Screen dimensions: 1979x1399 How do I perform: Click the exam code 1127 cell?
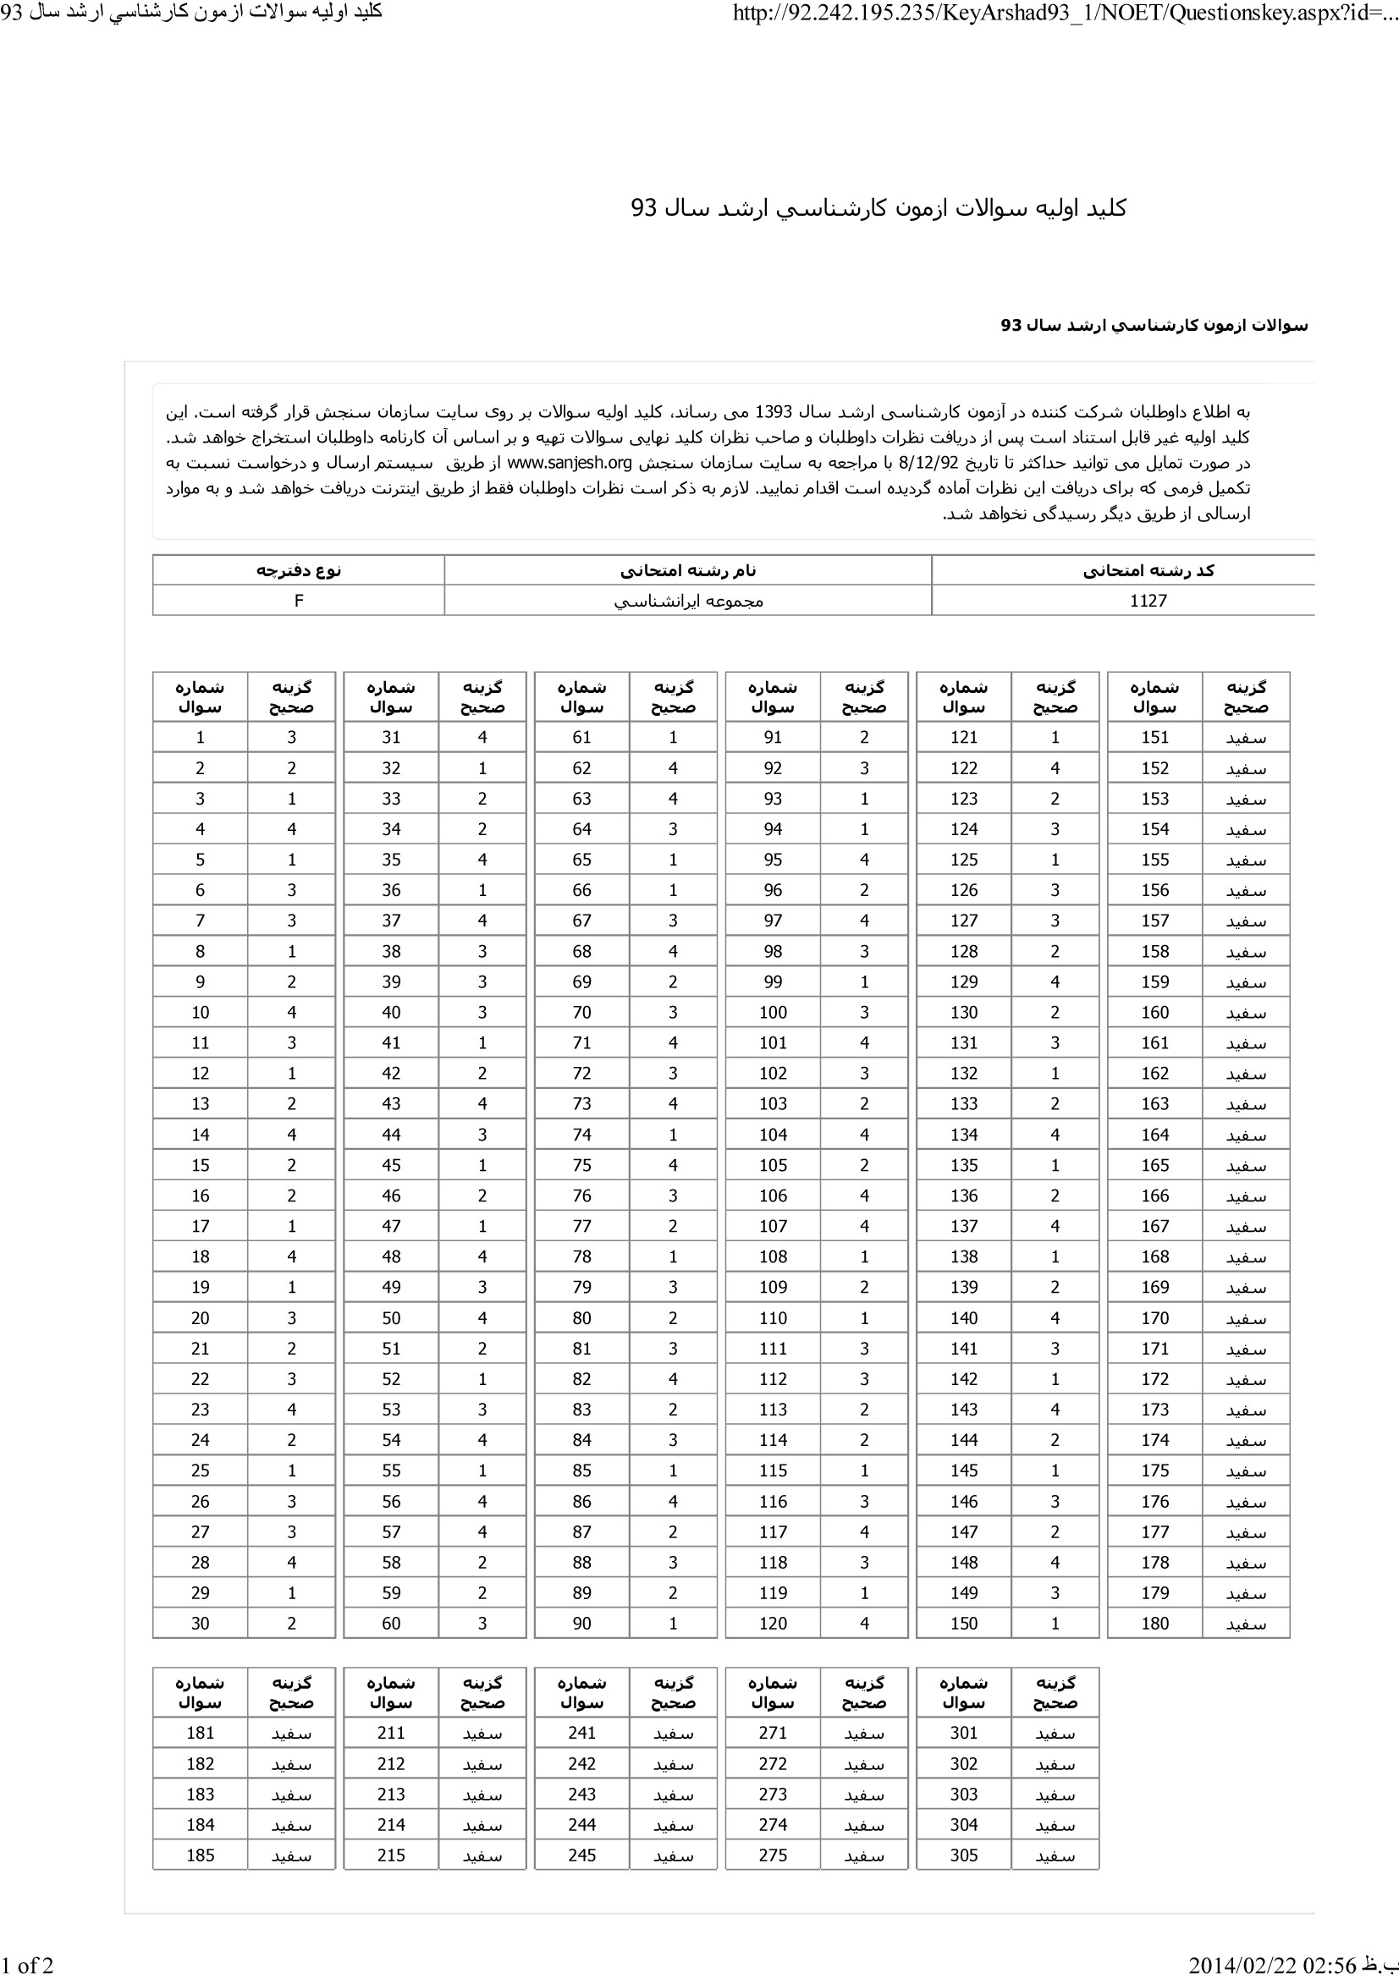click(1148, 601)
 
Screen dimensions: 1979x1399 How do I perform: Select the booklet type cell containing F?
click(298, 601)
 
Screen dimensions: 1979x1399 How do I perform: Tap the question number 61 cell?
click(581, 737)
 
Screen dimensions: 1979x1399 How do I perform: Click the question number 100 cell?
click(773, 1012)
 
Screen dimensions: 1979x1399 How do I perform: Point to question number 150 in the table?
click(964, 1623)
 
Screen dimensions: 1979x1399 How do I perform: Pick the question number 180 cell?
click(1154, 1623)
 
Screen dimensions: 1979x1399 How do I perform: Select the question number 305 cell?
click(964, 1855)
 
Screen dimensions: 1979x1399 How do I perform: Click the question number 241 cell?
click(581, 1733)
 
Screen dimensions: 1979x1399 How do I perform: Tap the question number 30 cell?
click(200, 1623)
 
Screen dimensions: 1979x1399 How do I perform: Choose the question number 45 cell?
click(390, 1164)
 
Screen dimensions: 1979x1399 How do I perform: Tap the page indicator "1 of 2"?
click(28, 1965)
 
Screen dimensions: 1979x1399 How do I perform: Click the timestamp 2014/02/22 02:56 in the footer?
click(1272, 1965)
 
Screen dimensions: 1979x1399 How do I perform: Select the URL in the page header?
click(1065, 13)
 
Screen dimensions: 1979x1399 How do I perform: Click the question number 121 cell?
click(964, 737)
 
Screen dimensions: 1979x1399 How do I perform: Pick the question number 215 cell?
click(390, 1855)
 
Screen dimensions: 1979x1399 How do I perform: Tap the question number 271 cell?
click(773, 1733)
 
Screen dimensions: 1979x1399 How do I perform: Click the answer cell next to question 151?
click(1246, 738)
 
